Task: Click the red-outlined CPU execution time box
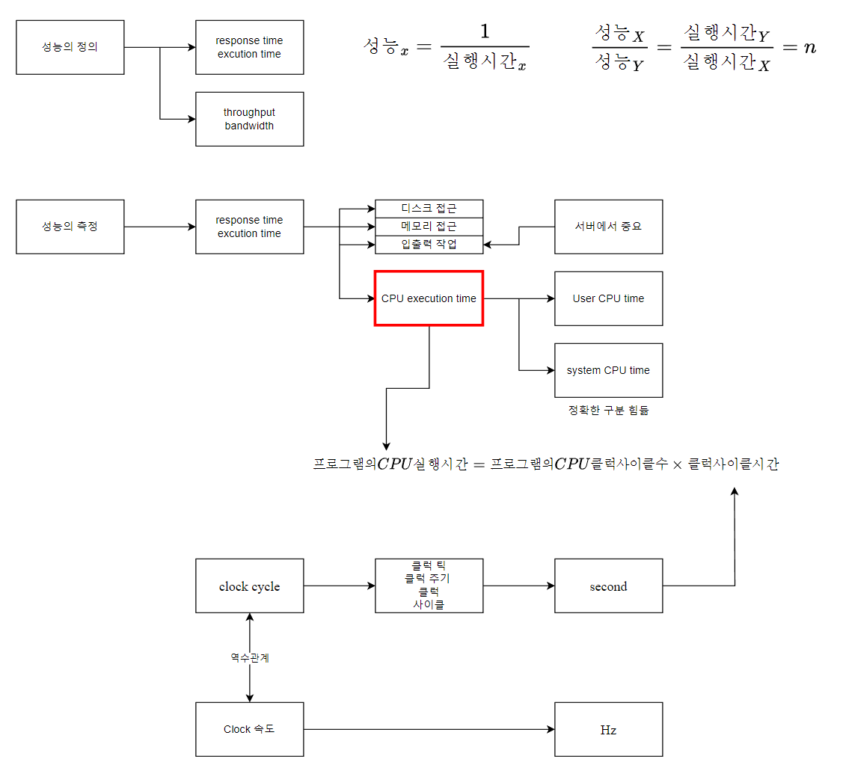coord(429,298)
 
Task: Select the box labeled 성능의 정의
coord(70,47)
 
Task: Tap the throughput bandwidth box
coord(249,119)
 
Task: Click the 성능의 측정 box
coord(70,227)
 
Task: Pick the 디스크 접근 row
coord(429,209)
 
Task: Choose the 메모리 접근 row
coord(429,226)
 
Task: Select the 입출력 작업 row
coord(429,244)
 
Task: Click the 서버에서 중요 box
coord(608,227)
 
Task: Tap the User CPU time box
coord(608,298)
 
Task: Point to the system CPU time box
coord(608,370)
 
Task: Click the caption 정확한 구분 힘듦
coord(608,410)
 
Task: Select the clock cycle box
coord(249,586)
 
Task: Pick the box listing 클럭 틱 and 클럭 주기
coord(429,586)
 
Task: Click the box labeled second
coord(608,586)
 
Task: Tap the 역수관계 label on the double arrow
coord(249,658)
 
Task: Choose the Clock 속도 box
coord(249,729)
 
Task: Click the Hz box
coord(608,729)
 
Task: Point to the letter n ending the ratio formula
coord(809,47)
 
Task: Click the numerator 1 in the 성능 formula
coord(485,31)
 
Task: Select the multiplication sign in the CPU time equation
coord(678,464)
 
